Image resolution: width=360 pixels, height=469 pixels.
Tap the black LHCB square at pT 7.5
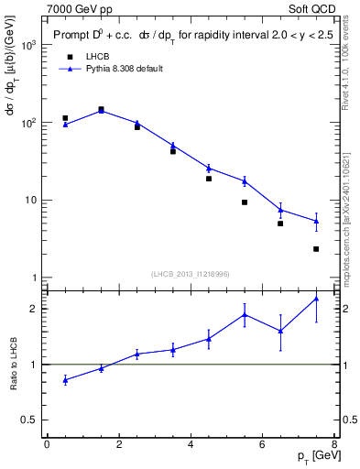tap(316, 249)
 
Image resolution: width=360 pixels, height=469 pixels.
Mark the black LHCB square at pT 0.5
tap(65, 118)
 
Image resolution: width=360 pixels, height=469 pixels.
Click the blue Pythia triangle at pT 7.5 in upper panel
tap(316, 221)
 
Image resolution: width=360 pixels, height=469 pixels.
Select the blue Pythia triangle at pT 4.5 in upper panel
tap(209, 168)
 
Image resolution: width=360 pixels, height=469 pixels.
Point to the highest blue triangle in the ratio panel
tap(316, 299)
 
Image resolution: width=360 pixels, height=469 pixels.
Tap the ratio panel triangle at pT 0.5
tap(65, 379)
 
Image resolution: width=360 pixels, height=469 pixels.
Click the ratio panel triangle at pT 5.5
tap(245, 314)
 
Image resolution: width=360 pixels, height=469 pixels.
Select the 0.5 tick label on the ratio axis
tap(29, 420)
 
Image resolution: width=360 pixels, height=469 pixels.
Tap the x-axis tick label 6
tap(262, 445)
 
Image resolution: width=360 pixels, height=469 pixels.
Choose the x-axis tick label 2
tap(118, 445)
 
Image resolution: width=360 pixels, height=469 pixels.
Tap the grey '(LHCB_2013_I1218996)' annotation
tap(191, 274)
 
